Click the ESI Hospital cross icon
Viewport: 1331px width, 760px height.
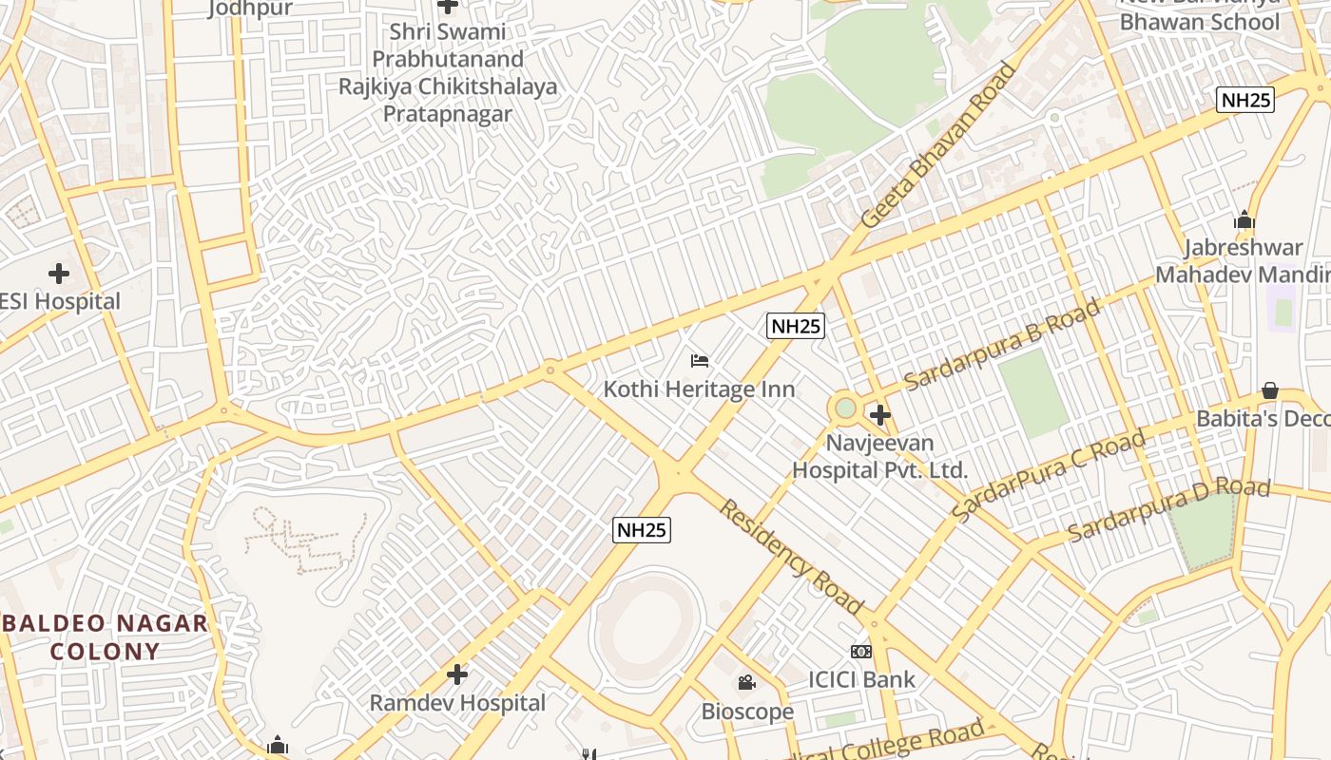click(59, 274)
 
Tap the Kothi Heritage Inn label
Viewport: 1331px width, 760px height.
click(700, 389)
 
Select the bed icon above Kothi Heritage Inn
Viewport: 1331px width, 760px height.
click(700, 360)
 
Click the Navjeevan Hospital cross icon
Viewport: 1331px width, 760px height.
click(879, 414)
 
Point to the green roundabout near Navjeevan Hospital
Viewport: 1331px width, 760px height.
click(844, 408)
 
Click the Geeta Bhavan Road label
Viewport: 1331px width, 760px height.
click(938, 144)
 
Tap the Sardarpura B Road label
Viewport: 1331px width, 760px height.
click(1002, 344)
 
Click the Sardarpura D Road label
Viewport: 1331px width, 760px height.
click(1168, 509)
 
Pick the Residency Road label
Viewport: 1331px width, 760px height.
click(790, 556)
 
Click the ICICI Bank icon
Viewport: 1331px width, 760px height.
click(860, 651)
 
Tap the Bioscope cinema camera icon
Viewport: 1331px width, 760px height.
click(746, 682)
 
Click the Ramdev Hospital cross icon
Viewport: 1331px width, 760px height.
click(457, 674)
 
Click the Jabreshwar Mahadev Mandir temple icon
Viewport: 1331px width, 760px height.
click(1244, 220)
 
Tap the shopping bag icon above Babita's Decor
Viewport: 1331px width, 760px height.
click(1269, 390)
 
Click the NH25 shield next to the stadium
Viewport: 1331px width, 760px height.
click(642, 530)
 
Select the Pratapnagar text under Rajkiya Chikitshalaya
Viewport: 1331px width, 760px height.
click(447, 114)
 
